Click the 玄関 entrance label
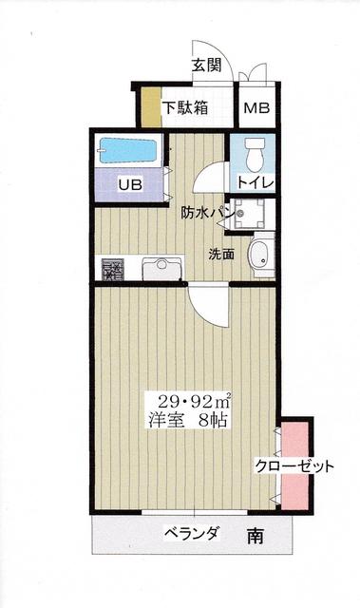click(208, 66)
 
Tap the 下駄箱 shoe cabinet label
click(183, 107)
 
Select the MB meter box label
click(256, 107)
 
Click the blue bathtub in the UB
click(129, 151)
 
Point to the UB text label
click(129, 185)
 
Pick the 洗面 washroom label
click(222, 253)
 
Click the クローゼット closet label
click(294, 466)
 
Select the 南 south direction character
click(255, 537)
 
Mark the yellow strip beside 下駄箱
click(147, 106)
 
